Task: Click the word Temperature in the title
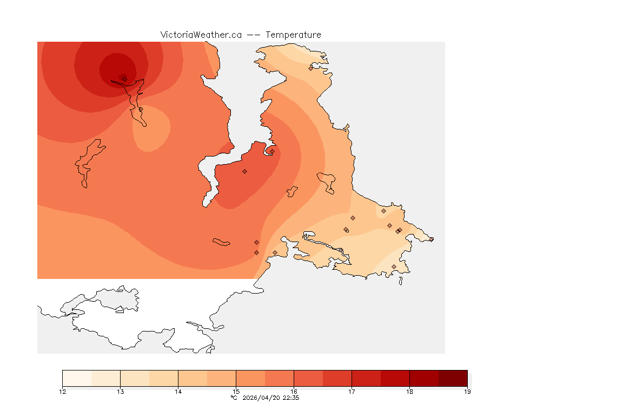(293, 35)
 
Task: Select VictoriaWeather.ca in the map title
(201, 35)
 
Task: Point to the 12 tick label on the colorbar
(62, 392)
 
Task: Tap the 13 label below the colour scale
(120, 392)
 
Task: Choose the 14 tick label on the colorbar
(178, 392)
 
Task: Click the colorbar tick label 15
(236, 392)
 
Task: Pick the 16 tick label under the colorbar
(294, 392)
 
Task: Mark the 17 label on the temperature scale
(352, 392)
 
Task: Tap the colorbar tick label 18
(409, 392)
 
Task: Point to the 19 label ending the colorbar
(467, 392)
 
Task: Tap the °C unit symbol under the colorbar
(234, 398)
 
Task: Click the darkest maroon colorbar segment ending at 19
(453, 378)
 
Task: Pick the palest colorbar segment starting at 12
(77, 378)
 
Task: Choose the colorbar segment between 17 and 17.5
(366, 378)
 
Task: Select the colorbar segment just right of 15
(250, 378)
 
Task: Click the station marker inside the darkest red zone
(124, 79)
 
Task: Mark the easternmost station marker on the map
(431, 239)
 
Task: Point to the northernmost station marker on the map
(310, 68)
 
